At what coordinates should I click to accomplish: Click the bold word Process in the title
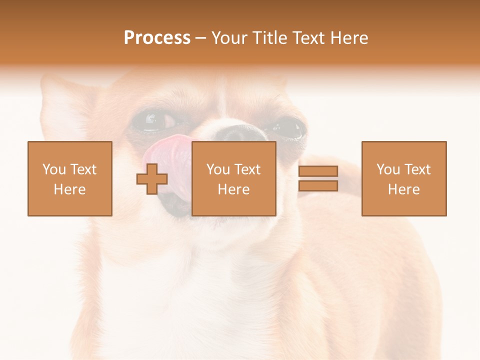pyautogui.click(x=157, y=38)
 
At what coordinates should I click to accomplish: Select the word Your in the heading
pyautogui.click(x=230, y=38)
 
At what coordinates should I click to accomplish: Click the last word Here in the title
pyautogui.click(x=350, y=38)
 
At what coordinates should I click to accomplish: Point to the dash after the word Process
pyautogui.click(x=200, y=38)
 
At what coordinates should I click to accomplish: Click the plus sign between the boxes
pyautogui.click(x=152, y=179)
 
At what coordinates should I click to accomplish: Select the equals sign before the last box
pyautogui.click(x=318, y=178)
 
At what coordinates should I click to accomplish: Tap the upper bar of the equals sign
pyautogui.click(x=318, y=171)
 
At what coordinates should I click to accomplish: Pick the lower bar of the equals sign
pyautogui.click(x=318, y=186)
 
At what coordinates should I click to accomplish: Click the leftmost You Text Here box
pyautogui.click(x=69, y=178)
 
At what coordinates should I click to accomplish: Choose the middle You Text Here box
pyautogui.click(x=233, y=178)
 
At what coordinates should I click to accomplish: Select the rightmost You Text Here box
pyautogui.click(x=403, y=178)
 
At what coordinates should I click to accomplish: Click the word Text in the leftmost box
pyautogui.click(x=83, y=169)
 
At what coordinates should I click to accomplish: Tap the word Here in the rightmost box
pyautogui.click(x=403, y=189)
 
